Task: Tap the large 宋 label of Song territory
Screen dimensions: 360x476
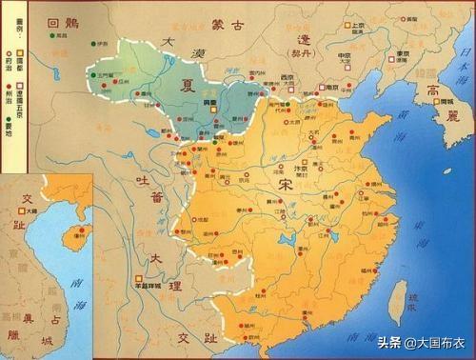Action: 287,187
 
